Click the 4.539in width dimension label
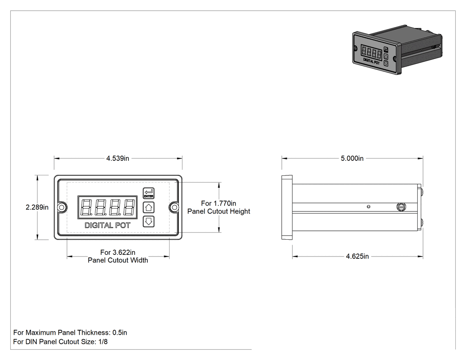[x=118, y=158]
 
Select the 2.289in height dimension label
[x=37, y=207]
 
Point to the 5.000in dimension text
[x=352, y=158]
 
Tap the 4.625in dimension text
[x=357, y=256]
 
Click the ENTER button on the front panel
[x=149, y=193]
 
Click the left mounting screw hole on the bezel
[x=61, y=207]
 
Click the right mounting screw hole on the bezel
[x=175, y=207]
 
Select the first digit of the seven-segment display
[x=86, y=207]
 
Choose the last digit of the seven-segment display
[x=129, y=207]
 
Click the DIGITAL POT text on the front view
[x=107, y=225]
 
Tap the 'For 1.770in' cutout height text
[x=219, y=203]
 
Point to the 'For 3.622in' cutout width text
[x=118, y=253]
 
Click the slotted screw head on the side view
[x=401, y=207]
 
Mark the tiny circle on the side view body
[x=368, y=206]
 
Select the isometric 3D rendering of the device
[x=397, y=50]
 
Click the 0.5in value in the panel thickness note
[x=120, y=332]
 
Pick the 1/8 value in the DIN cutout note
[x=103, y=342]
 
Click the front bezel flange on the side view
[x=287, y=207]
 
